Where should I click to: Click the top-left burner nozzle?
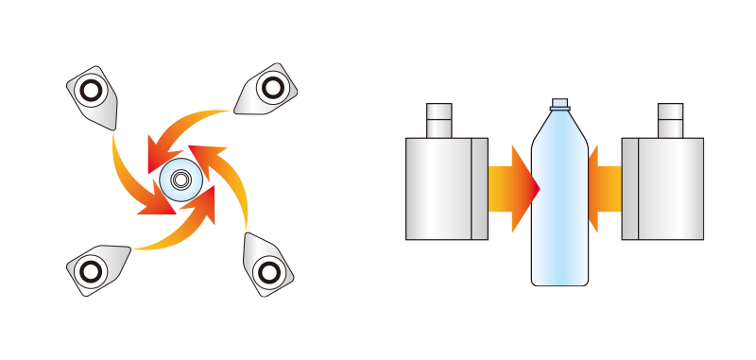click(x=95, y=94)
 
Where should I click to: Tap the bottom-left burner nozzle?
click(x=95, y=268)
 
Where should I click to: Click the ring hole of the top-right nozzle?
click(x=271, y=88)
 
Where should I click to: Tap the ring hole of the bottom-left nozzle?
click(x=89, y=272)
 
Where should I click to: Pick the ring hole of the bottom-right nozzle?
click(x=270, y=273)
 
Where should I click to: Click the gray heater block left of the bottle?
click(x=445, y=187)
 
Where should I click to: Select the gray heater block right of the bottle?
click(x=662, y=187)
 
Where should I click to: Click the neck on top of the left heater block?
click(x=439, y=120)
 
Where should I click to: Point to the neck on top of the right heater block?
click(x=669, y=120)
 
